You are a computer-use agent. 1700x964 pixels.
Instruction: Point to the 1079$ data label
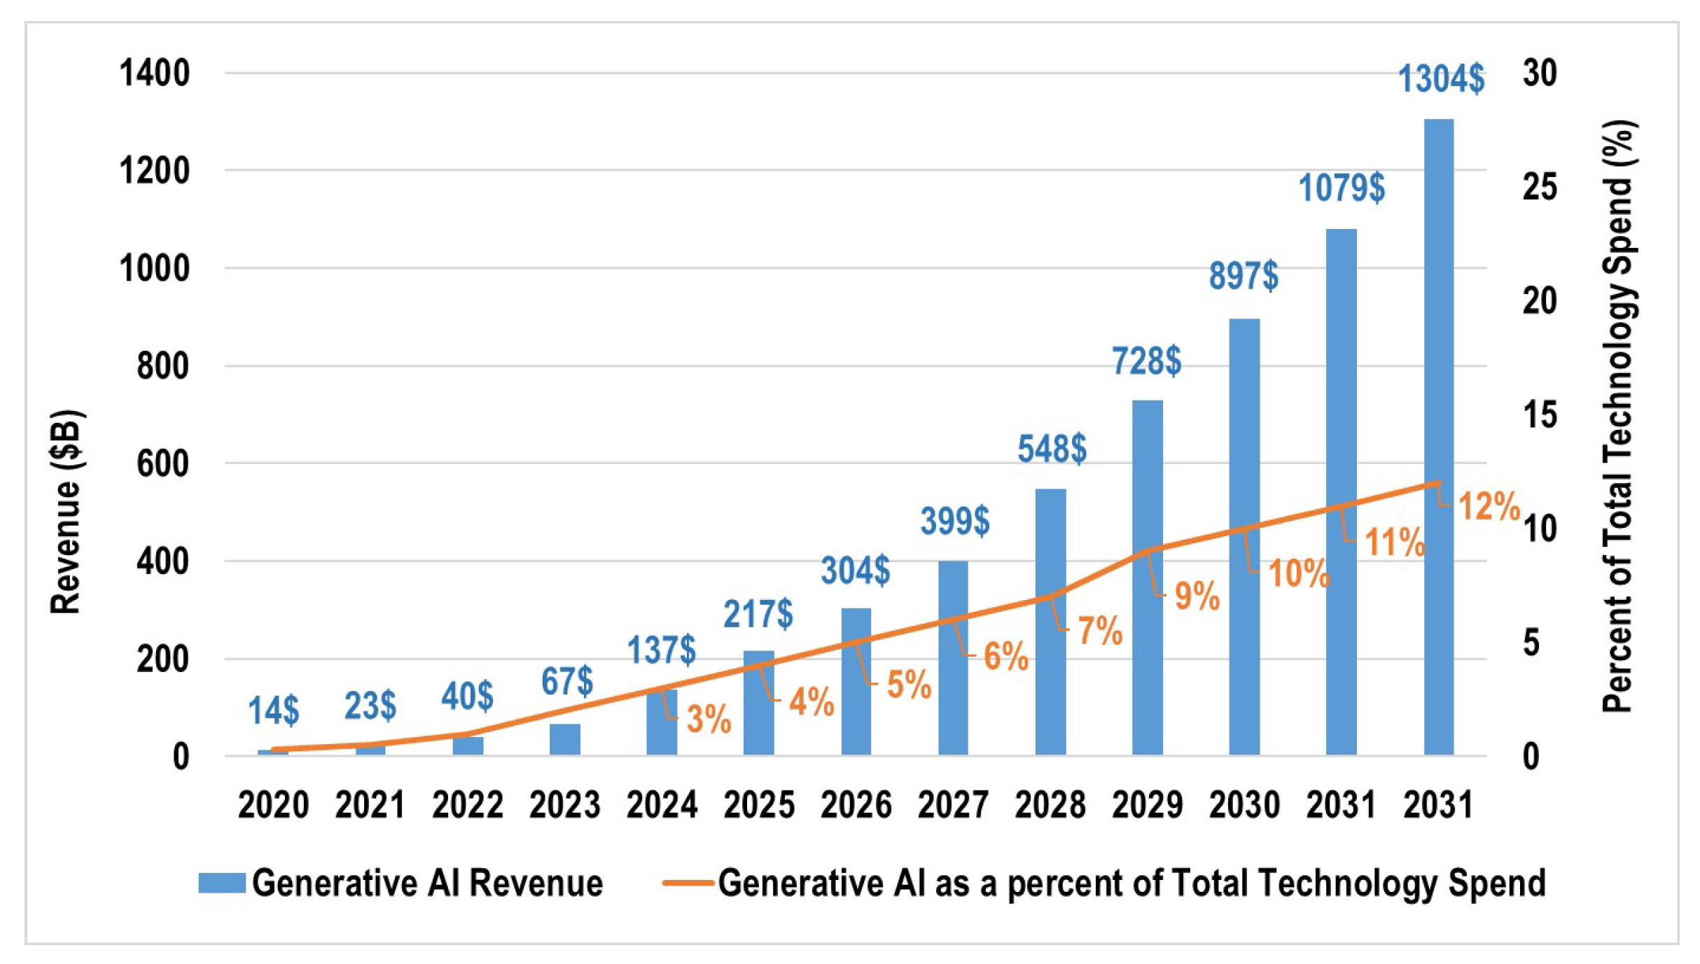[x=1342, y=188]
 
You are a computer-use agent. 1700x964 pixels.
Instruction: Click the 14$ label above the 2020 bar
[x=274, y=711]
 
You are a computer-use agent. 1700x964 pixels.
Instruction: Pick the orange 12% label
[x=1489, y=506]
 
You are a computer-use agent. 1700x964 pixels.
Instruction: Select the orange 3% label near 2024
[x=709, y=719]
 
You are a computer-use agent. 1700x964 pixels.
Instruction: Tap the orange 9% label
[x=1197, y=596]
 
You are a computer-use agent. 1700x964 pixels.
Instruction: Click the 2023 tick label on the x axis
[x=564, y=805]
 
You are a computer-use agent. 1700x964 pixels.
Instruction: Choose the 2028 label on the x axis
[x=1050, y=805]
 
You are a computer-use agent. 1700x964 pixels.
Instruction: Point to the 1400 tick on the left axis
[x=154, y=74]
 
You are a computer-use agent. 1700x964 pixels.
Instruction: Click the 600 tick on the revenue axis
[x=162, y=463]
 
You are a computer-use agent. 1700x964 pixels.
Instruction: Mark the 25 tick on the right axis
[x=1539, y=187]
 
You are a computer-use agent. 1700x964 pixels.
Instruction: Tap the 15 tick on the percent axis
[x=1539, y=415]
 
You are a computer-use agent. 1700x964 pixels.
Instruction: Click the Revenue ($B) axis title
[x=67, y=511]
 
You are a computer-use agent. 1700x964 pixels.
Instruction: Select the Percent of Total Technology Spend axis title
[x=1617, y=417]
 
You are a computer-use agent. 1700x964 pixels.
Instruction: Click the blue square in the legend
[x=221, y=883]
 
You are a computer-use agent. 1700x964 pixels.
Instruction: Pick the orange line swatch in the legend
[x=688, y=883]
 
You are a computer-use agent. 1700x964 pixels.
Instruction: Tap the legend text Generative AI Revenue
[x=427, y=883]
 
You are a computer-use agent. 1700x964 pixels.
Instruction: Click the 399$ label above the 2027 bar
[x=954, y=521]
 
